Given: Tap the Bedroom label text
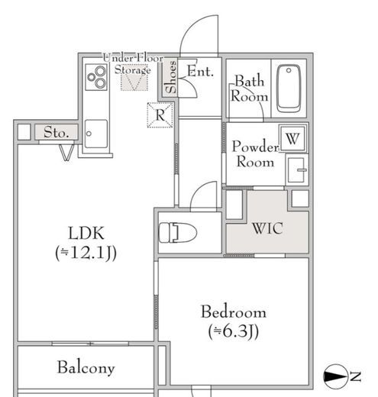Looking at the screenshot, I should click(x=233, y=311).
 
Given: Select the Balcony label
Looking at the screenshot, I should click(x=86, y=368).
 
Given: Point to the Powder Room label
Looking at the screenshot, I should click(x=254, y=153).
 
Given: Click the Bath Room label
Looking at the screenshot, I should click(x=250, y=89).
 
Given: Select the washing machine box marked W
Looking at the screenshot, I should click(x=293, y=138).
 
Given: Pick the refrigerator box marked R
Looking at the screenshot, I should click(x=160, y=115).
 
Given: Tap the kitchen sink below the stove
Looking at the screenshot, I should click(x=95, y=135).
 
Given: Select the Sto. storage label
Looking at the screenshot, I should click(x=56, y=133).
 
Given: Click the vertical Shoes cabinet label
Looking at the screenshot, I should click(x=171, y=77).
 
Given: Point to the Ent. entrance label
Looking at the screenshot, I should click(x=200, y=72).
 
